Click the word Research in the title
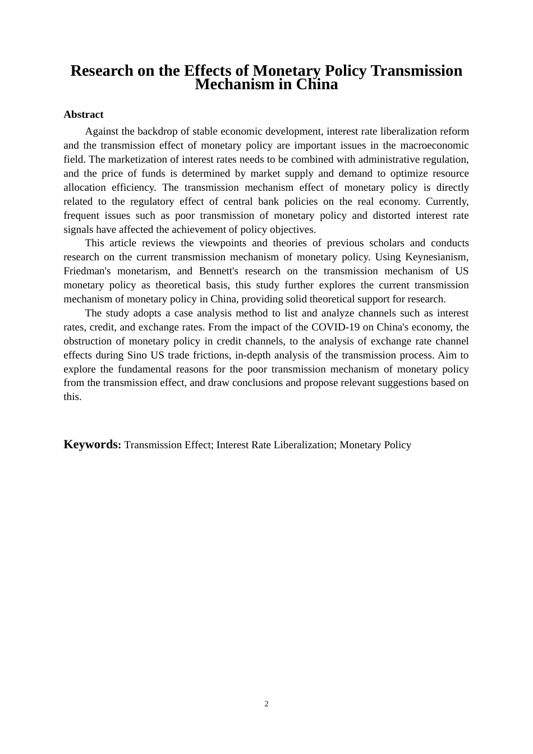pyautogui.click(x=102, y=71)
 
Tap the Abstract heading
pyautogui.click(x=84, y=114)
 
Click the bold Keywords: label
pyautogui.click(x=92, y=444)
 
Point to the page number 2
pyautogui.click(x=266, y=704)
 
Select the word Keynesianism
pyautogui.click(x=436, y=257)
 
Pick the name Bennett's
pyautogui.click(x=219, y=271)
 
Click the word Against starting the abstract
pyautogui.click(x=103, y=131)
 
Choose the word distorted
pyautogui.click(x=392, y=215)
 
